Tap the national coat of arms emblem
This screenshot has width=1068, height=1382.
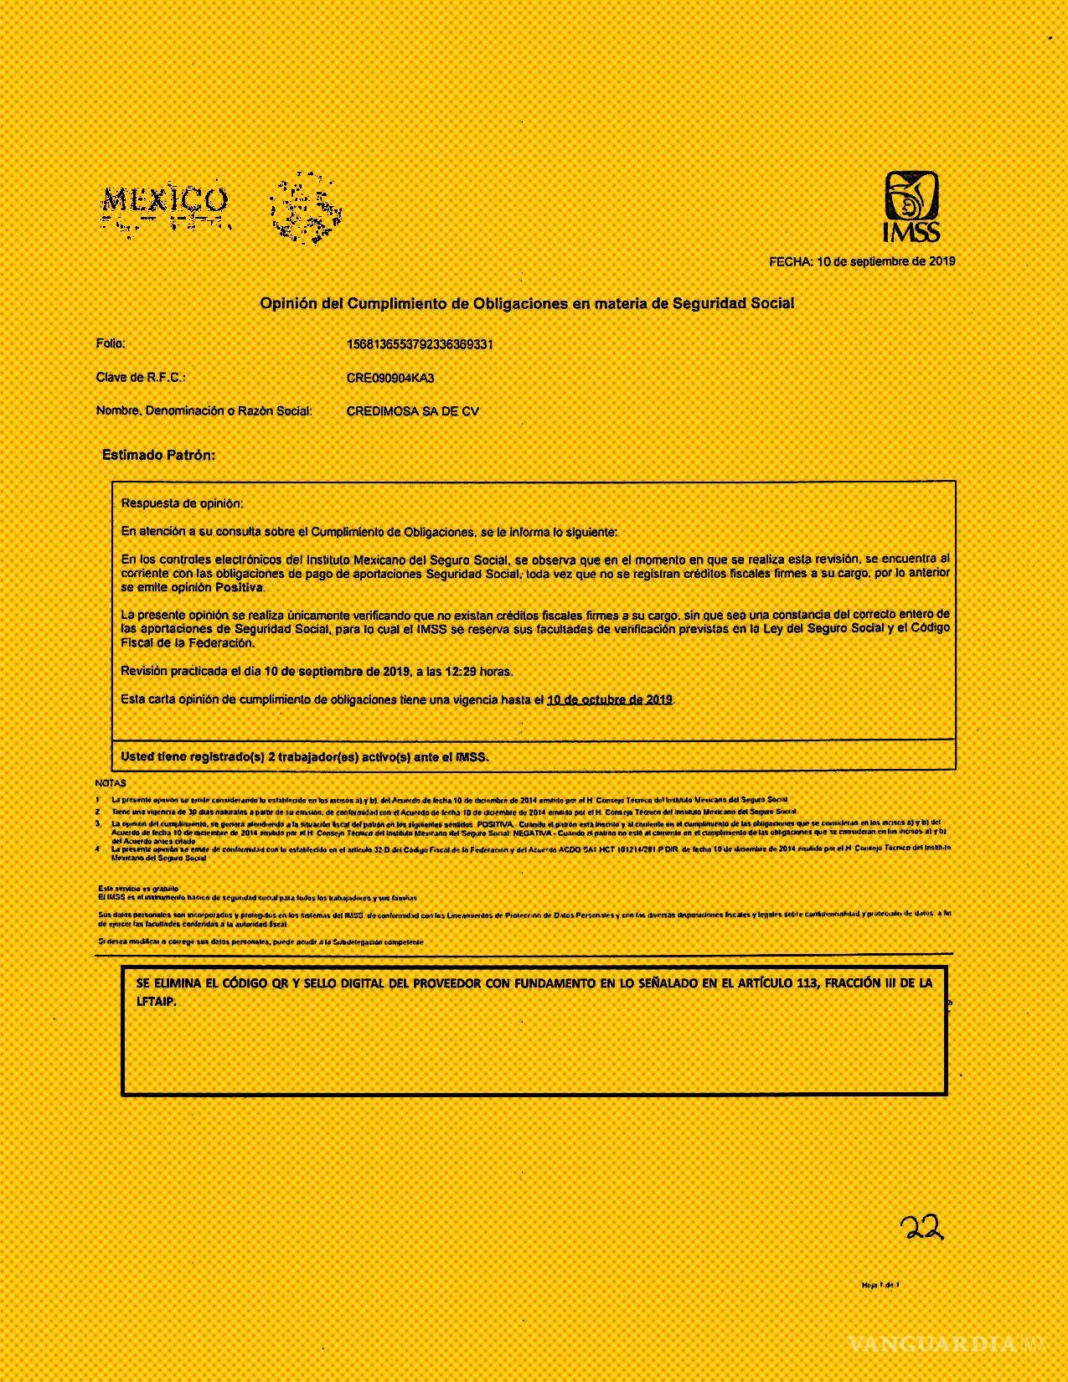point(305,206)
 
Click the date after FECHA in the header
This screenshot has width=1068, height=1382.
point(886,261)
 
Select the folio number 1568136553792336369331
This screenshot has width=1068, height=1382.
point(420,344)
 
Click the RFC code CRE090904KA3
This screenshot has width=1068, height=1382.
point(390,378)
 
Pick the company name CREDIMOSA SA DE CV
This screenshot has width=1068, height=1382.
point(412,411)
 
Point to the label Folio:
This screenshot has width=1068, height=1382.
point(111,343)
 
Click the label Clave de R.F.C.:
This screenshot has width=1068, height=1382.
point(140,377)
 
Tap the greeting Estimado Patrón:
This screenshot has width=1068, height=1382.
point(158,455)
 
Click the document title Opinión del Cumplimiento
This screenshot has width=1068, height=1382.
point(526,303)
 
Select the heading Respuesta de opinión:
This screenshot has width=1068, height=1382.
point(182,503)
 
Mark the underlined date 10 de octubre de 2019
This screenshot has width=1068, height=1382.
point(609,699)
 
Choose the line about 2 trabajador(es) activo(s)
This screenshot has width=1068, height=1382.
point(304,756)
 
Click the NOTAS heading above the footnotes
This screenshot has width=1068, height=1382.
point(111,783)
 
